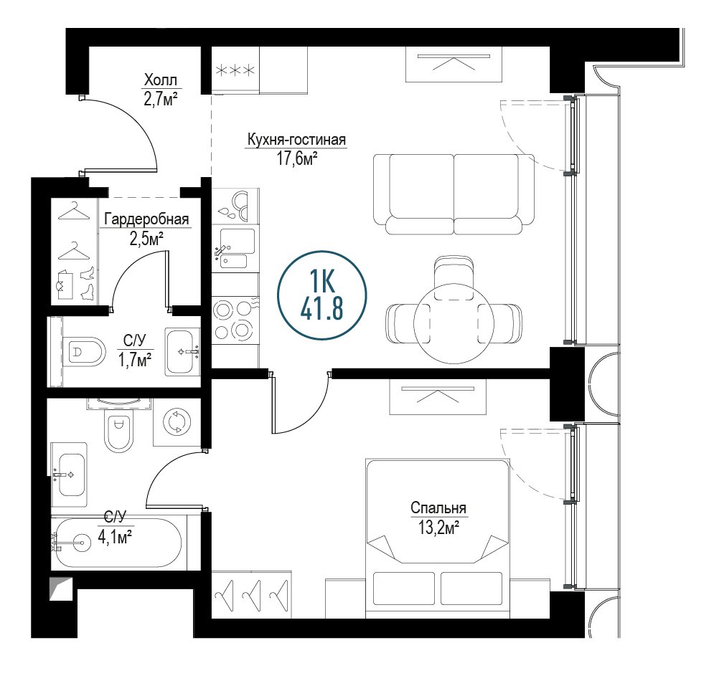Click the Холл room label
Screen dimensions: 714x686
pyautogui.click(x=160, y=80)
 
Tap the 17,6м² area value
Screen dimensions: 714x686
pyautogui.click(x=297, y=158)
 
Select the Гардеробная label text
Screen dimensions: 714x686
pyautogui.click(x=146, y=219)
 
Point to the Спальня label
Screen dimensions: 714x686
pyautogui.click(x=438, y=508)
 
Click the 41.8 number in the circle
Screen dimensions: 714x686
pyautogui.click(x=322, y=308)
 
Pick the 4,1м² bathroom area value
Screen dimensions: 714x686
pyautogui.click(x=116, y=537)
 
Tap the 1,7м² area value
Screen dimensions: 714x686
pyautogui.click(x=135, y=360)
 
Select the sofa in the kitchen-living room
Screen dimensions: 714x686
pyautogui.click(x=454, y=194)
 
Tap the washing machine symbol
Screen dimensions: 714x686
pyautogui.click(x=177, y=421)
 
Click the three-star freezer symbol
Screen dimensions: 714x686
pyautogui.click(x=235, y=70)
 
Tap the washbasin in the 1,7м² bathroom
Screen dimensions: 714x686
pyautogui.click(x=182, y=351)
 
